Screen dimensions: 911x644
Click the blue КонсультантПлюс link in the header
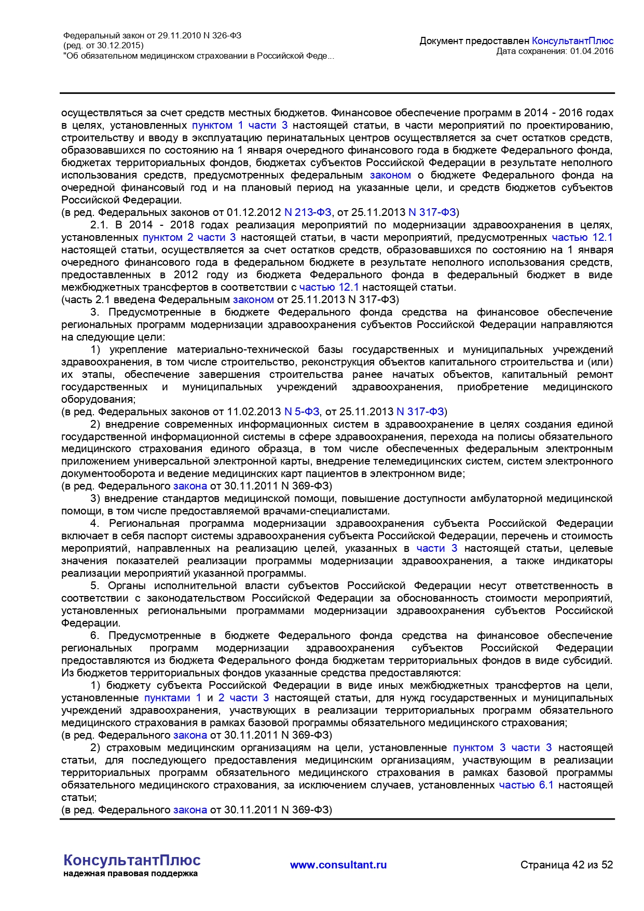[x=572, y=40]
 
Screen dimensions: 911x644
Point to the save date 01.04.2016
[x=592, y=51]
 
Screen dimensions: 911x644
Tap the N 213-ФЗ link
[x=308, y=212]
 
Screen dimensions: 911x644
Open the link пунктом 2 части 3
[x=189, y=237]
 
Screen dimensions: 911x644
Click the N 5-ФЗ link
[x=302, y=412]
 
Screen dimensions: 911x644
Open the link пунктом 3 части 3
[x=502, y=747]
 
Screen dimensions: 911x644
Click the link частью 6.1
[x=526, y=785]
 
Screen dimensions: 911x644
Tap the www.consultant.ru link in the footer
[x=338, y=865]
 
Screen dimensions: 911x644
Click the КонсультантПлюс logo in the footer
[x=132, y=860]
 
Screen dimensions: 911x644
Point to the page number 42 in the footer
[x=578, y=865]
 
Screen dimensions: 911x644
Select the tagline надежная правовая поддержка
[x=130, y=874]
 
